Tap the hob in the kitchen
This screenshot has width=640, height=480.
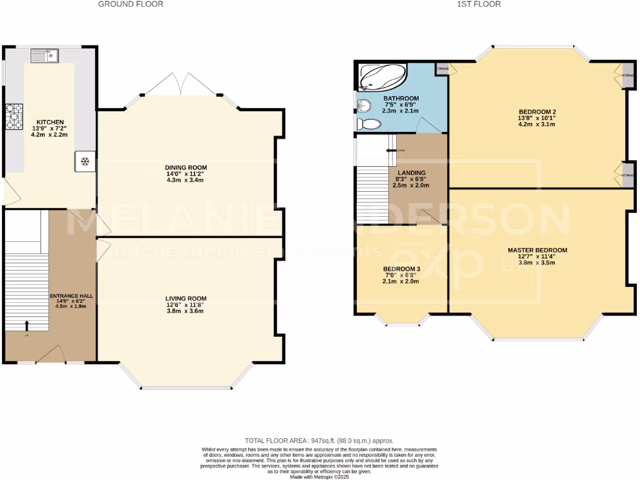(13, 116)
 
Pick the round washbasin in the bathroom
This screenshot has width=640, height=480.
(362, 106)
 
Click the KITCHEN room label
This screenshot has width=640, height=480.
(50, 122)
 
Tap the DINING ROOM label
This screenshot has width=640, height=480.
(186, 167)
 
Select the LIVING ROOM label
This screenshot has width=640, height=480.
(186, 299)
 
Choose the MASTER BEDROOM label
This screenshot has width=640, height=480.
(537, 250)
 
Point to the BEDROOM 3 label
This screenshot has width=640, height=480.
(401, 269)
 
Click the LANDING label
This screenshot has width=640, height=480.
(412, 173)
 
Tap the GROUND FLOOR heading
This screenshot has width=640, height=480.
(131, 4)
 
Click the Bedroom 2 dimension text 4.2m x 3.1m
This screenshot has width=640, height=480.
(537, 124)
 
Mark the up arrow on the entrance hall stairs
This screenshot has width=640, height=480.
(27, 325)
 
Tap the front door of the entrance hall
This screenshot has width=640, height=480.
(51, 355)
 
